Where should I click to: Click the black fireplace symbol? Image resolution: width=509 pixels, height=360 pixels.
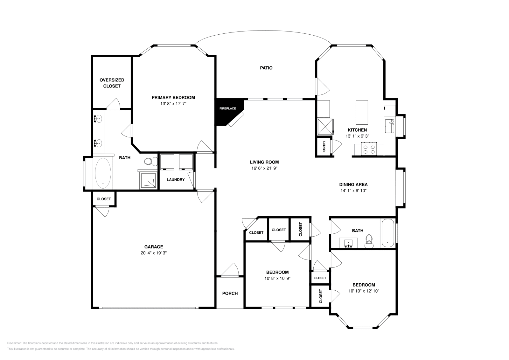point(227,111)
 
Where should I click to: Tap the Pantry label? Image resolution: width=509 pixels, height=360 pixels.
point(324,147)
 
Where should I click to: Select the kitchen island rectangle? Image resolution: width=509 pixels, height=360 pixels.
point(362,112)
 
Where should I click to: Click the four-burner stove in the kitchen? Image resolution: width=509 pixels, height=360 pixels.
point(369,149)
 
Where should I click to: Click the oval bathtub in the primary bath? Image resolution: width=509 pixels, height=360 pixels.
point(103,173)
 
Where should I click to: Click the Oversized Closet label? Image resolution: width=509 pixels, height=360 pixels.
point(112,83)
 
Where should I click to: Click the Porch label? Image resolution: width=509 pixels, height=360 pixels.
point(230,293)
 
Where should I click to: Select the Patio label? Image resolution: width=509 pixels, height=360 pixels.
point(266,68)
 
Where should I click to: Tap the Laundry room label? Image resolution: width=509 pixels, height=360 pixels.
point(176,180)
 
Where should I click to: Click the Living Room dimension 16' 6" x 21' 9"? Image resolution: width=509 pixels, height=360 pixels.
point(264,168)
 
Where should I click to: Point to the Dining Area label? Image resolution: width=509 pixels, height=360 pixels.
point(353,184)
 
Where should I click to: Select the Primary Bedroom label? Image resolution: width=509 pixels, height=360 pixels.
point(173,98)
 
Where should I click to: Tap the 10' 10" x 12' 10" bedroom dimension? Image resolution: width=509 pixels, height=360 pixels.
point(364,291)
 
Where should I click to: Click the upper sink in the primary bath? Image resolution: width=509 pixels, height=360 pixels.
point(98,119)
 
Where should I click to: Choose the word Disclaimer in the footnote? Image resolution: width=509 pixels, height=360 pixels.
point(14,343)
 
